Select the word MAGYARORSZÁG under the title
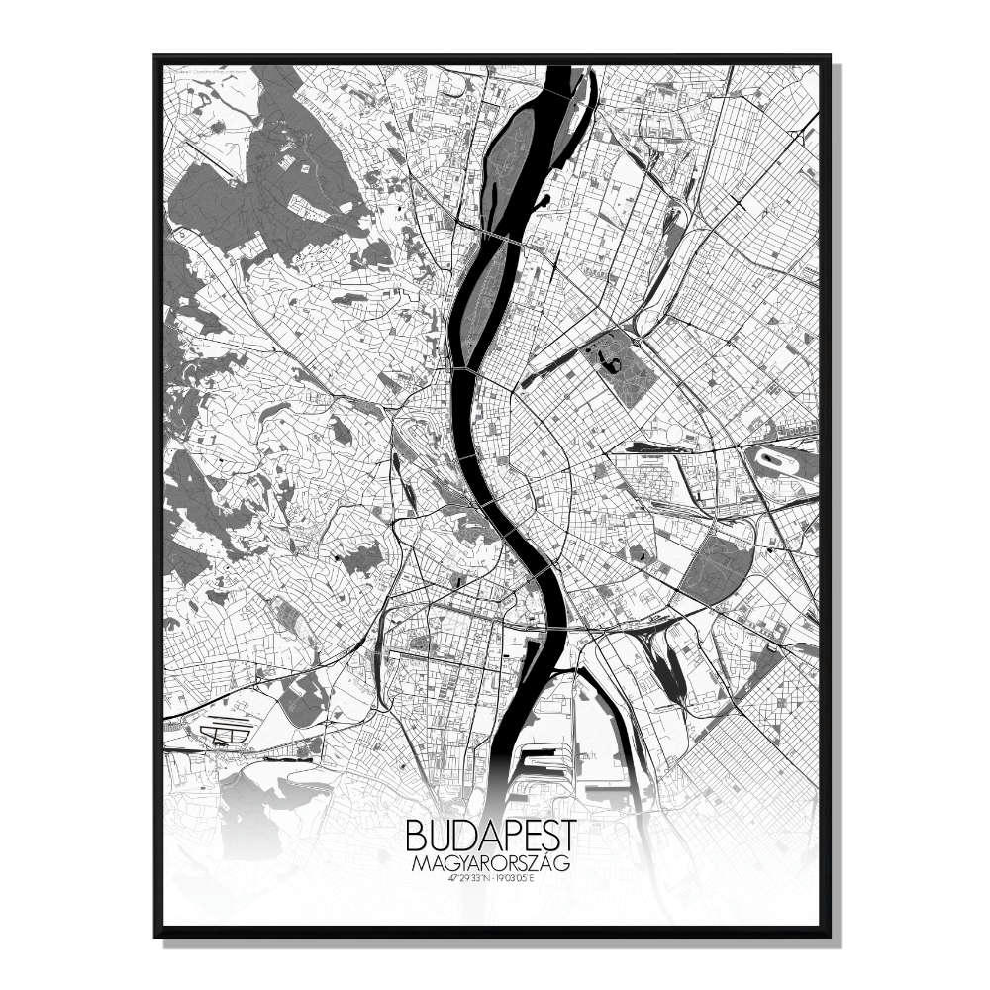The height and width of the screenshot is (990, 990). pyautogui.click(x=489, y=864)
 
